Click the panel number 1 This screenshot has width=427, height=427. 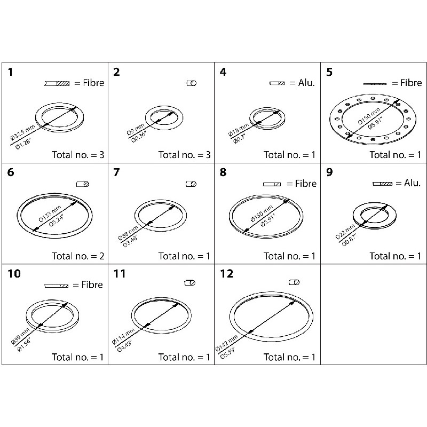tap(10, 72)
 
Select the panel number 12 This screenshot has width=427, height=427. tap(226, 274)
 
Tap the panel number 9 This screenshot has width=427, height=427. tap(329, 172)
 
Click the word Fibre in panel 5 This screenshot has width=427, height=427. tap(411, 83)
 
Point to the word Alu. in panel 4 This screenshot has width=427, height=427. tap(305, 83)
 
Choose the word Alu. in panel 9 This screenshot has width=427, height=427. tap(412, 183)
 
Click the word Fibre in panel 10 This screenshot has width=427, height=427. tap(92, 285)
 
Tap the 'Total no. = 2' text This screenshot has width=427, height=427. tap(78, 256)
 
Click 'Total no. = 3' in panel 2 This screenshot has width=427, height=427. tap(185, 155)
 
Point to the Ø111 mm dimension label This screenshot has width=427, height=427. tap(122, 333)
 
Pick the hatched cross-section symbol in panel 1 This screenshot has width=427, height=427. tap(57, 83)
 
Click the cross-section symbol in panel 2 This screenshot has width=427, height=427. tap(192, 83)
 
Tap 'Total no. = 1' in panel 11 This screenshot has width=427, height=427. tap(185, 357)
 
